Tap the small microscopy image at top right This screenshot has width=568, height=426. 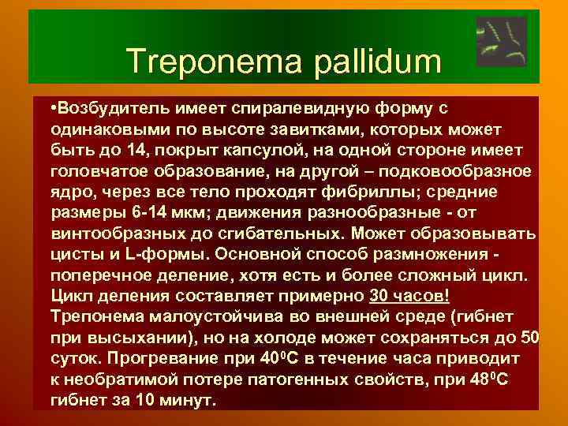coord(502,42)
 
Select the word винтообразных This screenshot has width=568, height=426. coord(110,235)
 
